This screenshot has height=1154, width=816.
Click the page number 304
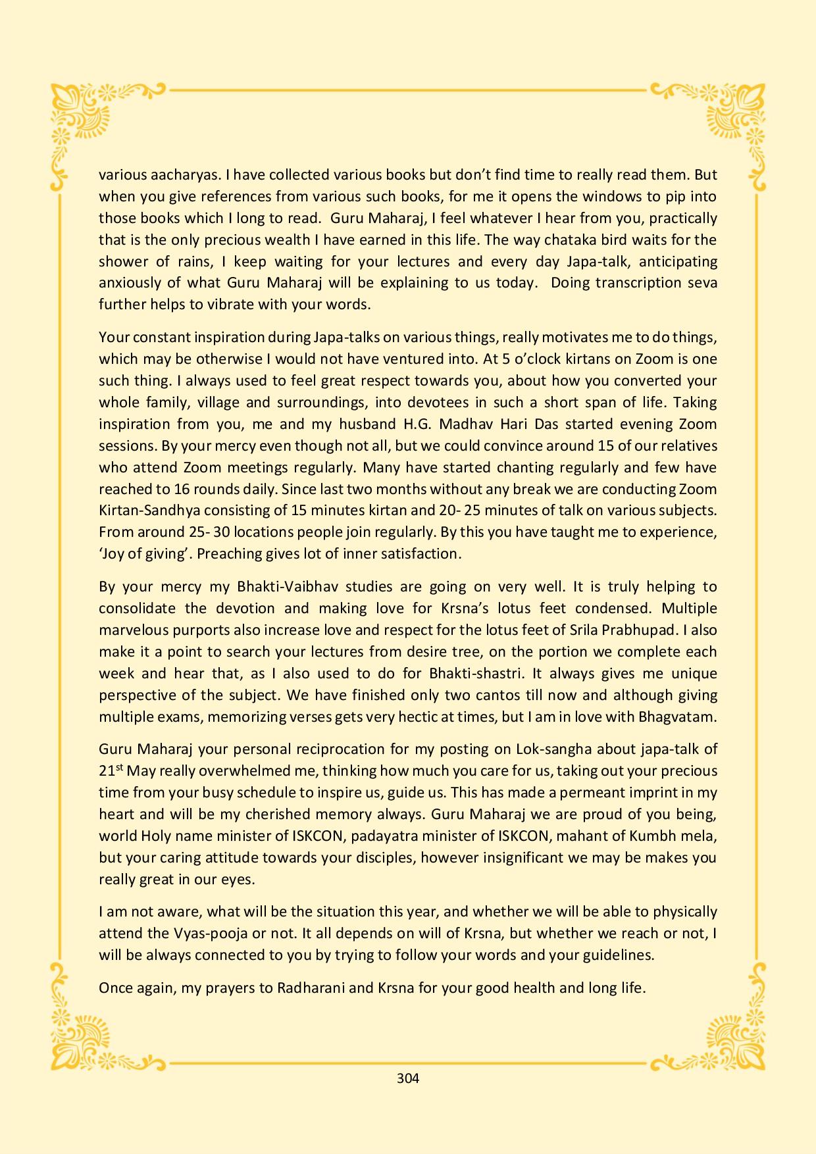tap(408, 1078)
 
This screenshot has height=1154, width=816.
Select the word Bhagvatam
tap(677, 716)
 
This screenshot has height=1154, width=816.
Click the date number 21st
tap(110, 770)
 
